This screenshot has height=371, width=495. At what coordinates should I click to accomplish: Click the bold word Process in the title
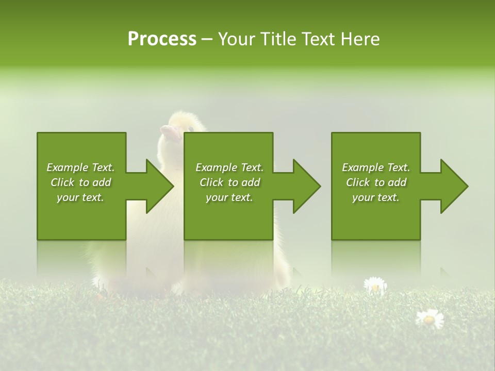pyautogui.click(x=162, y=39)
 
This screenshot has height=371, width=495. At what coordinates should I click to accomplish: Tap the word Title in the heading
pyautogui.click(x=276, y=39)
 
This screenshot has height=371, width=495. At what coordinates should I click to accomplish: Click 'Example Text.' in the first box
pyautogui.click(x=81, y=167)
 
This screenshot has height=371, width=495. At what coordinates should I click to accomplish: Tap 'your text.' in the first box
pyautogui.click(x=81, y=198)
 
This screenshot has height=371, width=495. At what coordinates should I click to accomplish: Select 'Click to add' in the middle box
pyautogui.click(x=229, y=182)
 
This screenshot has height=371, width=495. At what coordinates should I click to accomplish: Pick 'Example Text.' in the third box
pyautogui.click(x=376, y=167)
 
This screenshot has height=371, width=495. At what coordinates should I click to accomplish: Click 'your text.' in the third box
pyautogui.click(x=376, y=198)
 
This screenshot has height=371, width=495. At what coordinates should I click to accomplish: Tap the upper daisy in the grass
pyautogui.click(x=375, y=285)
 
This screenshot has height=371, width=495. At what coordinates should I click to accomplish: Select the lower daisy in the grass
pyautogui.click(x=429, y=318)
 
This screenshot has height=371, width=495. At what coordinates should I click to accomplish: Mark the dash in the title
pyautogui.click(x=207, y=39)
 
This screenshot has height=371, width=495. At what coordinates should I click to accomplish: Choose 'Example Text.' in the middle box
pyautogui.click(x=229, y=167)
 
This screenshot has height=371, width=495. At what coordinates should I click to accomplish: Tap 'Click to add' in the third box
pyautogui.click(x=376, y=182)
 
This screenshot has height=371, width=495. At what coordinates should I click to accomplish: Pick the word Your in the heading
pyautogui.click(x=236, y=39)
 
